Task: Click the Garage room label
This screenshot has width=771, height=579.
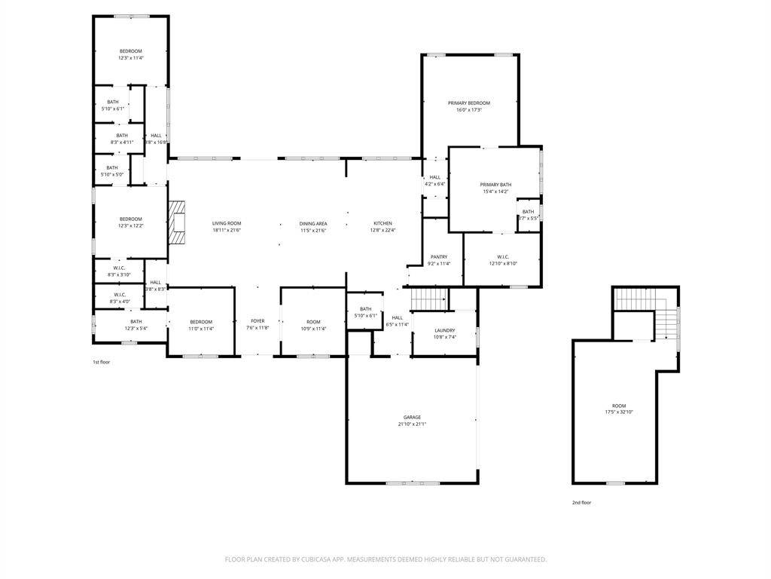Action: click(x=412, y=417)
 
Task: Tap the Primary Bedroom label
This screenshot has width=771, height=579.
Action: click(x=469, y=103)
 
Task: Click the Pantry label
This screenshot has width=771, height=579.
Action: click(x=439, y=257)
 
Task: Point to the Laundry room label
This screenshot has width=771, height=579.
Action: click(x=444, y=330)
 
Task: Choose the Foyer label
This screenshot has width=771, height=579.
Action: click(x=257, y=321)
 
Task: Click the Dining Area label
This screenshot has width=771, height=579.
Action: click(x=313, y=223)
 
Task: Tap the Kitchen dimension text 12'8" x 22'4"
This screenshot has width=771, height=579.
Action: click(x=383, y=230)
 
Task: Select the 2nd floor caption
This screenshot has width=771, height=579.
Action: click(x=581, y=502)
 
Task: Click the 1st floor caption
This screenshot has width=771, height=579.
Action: click(x=102, y=362)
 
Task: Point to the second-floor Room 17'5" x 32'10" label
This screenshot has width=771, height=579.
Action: click(x=619, y=406)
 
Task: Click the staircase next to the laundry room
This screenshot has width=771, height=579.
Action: click(x=429, y=298)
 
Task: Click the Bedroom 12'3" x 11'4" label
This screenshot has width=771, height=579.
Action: click(x=130, y=51)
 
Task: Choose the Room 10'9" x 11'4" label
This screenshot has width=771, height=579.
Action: click(x=313, y=322)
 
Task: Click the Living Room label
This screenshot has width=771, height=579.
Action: click(x=226, y=223)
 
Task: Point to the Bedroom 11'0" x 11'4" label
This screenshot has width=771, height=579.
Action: click(x=201, y=322)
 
